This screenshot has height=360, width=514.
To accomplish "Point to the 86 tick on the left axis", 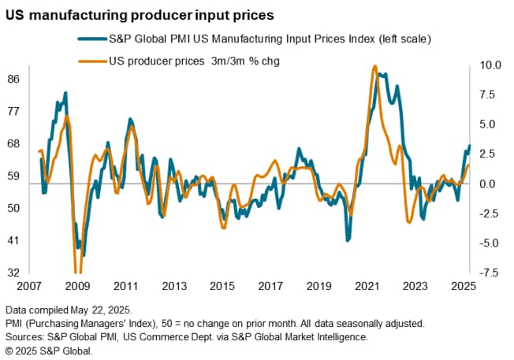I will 15,79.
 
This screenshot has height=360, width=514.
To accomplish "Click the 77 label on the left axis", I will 15,111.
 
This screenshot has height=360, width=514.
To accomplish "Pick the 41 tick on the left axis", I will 15,240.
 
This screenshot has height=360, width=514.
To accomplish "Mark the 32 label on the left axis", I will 15,273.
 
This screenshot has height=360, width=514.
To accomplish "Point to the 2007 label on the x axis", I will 30,287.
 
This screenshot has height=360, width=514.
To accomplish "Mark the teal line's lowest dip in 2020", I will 348,239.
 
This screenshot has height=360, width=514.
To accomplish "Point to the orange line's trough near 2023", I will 409,223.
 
